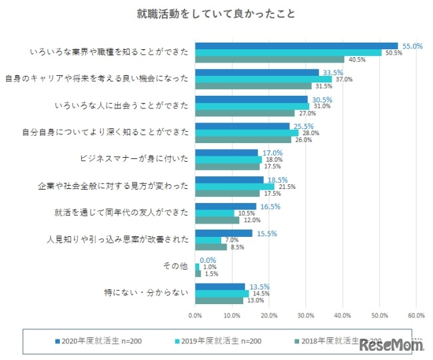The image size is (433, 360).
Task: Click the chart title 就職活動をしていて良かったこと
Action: (x=217, y=13)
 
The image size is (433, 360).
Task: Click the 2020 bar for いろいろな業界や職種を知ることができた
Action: (x=296, y=46)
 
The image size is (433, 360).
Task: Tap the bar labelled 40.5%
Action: (x=269, y=59)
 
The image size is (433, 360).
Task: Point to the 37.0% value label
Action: (x=344, y=79)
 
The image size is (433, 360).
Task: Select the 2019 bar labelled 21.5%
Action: (x=234, y=186)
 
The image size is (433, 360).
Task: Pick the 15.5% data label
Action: (x=266, y=233)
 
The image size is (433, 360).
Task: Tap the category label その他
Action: (x=176, y=266)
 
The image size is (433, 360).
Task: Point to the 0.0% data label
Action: (x=208, y=260)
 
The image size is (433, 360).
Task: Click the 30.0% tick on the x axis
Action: (x=306, y=315)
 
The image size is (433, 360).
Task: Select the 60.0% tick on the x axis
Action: (x=416, y=315)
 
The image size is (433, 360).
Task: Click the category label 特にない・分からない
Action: (x=147, y=293)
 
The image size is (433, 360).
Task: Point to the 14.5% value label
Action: (x=260, y=293)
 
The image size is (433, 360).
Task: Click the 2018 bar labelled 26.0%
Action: (x=243, y=139)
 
